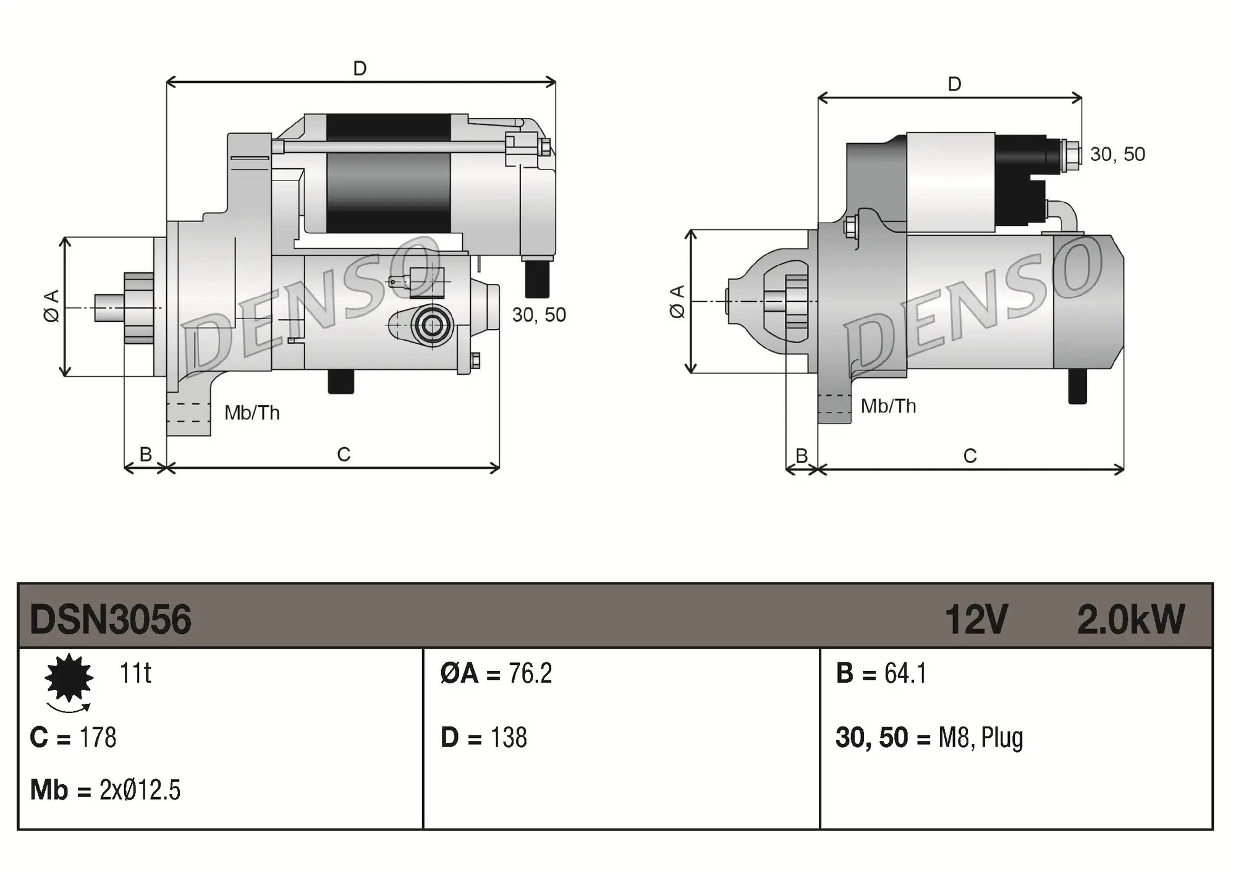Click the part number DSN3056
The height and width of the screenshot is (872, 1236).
tap(111, 619)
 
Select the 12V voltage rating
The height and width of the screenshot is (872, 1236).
tap(976, 619)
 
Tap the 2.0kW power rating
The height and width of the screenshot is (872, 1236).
tap(1130, 619)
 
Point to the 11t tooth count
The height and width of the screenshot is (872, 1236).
tap(135, 673)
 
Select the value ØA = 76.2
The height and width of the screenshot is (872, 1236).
tap(496, 673)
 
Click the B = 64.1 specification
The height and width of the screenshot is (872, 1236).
tap(881, 673)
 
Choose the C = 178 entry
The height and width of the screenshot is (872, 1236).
tap(73, 737)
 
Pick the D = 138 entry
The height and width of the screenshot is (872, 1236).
tap(483, 737)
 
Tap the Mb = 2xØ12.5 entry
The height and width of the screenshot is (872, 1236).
tap(105, 790)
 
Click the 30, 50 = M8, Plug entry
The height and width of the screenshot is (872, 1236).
tap(929, 737)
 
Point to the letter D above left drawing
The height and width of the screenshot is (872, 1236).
tap(360, 68)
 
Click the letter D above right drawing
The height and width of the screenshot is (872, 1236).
tap(954, 84)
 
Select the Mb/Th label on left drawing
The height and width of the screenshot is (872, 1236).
tap(252, 412)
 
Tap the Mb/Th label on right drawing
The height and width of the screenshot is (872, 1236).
tap(888, 406)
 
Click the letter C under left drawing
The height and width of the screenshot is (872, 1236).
tap(344, 455)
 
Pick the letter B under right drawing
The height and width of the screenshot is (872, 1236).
tap(802, 456)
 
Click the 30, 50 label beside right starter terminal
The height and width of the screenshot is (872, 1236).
tap(1117, 154)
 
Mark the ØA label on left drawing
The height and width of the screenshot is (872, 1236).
tap(52, 306)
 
